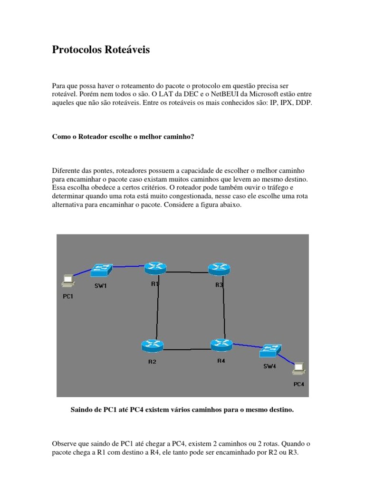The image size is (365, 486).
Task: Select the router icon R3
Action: click(x=219, y=269)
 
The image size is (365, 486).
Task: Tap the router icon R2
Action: click(x=153, y=346)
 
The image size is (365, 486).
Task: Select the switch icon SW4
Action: click(x=270, y=351)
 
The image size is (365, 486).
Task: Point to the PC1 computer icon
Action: click(x=67, y=281)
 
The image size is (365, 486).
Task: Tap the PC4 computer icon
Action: click(x=299, y=368)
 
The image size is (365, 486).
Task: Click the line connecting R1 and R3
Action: click(x=187, y=272)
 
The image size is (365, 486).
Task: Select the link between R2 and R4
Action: click(x=186, y=349)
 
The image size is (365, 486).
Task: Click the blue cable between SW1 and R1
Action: click(x=128, y=267)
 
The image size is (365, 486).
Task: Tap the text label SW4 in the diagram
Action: click(x=269, y=366)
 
